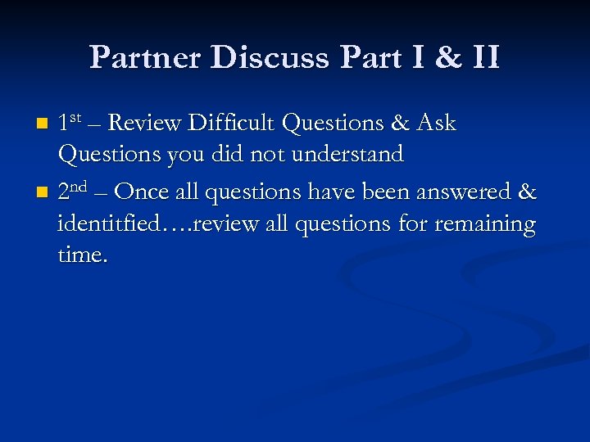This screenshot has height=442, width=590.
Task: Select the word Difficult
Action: click(232, 124)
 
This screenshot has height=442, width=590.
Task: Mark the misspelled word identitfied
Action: click(117, 223)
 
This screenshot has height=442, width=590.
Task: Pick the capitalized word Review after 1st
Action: click(144, 124)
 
